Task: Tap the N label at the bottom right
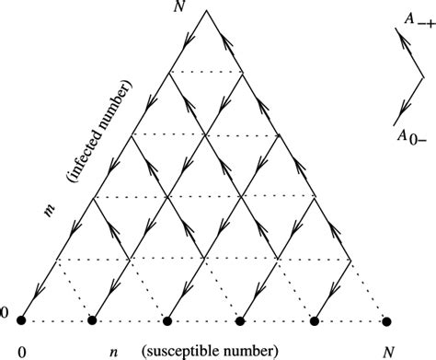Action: tap(387, 351)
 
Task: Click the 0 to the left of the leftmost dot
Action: tap(5, 317)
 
